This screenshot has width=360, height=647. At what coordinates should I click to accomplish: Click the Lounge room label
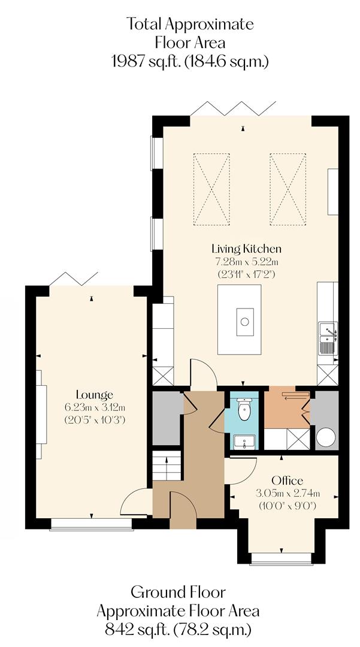(95, 395)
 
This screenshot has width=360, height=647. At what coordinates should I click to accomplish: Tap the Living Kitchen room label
(246, 248)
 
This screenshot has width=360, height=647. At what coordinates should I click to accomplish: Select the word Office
(287, 480)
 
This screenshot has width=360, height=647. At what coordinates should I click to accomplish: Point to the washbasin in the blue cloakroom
(244, 442)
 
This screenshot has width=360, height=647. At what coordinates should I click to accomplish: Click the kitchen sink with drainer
(328, 339)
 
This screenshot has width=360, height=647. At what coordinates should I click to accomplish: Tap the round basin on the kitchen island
(244, 321)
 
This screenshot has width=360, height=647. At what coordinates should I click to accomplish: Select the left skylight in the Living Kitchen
(211, 188)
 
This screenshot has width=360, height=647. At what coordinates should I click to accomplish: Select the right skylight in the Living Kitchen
(288, 188)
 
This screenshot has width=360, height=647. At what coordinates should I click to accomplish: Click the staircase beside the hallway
(167, 465)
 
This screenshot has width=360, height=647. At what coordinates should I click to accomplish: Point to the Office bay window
(280, 559)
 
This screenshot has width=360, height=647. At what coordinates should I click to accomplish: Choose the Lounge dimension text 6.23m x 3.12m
(95, 407)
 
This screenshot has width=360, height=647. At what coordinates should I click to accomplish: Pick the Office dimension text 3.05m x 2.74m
(287, 494)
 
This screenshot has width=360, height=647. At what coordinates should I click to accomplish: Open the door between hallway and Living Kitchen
(202, 374)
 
